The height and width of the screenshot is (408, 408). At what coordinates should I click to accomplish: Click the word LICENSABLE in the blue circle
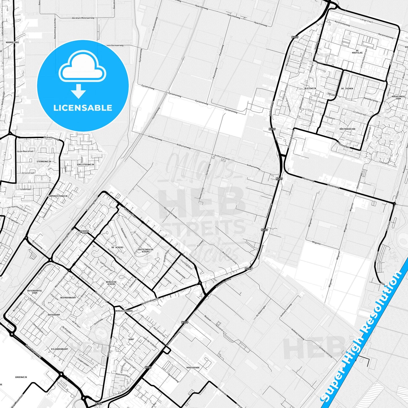point(83,108)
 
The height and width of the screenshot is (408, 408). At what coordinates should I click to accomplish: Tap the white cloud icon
point(82,68)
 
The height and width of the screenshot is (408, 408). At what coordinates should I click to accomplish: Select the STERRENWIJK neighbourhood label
point(43,162)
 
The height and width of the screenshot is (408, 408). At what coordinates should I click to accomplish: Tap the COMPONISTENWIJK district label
point(58,196)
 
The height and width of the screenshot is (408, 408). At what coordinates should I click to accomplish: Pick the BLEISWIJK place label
point(310,88)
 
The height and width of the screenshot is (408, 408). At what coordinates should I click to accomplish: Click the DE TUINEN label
point(347,88)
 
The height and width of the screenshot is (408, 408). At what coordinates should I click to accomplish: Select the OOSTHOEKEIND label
point(347,129)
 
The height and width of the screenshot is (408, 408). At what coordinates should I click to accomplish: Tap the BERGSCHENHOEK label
point(124,311)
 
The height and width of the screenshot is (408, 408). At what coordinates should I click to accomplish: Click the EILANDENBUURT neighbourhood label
point(60,349)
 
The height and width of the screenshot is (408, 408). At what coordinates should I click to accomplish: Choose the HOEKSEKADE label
point(193,368)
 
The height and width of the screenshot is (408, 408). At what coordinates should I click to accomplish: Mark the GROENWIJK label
point(21,377)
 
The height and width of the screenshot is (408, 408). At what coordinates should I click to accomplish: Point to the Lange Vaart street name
point(366,20)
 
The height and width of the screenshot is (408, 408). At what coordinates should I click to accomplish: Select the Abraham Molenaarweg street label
point(83,18)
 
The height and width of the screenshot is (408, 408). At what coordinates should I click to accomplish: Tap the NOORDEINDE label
point(12,42)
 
